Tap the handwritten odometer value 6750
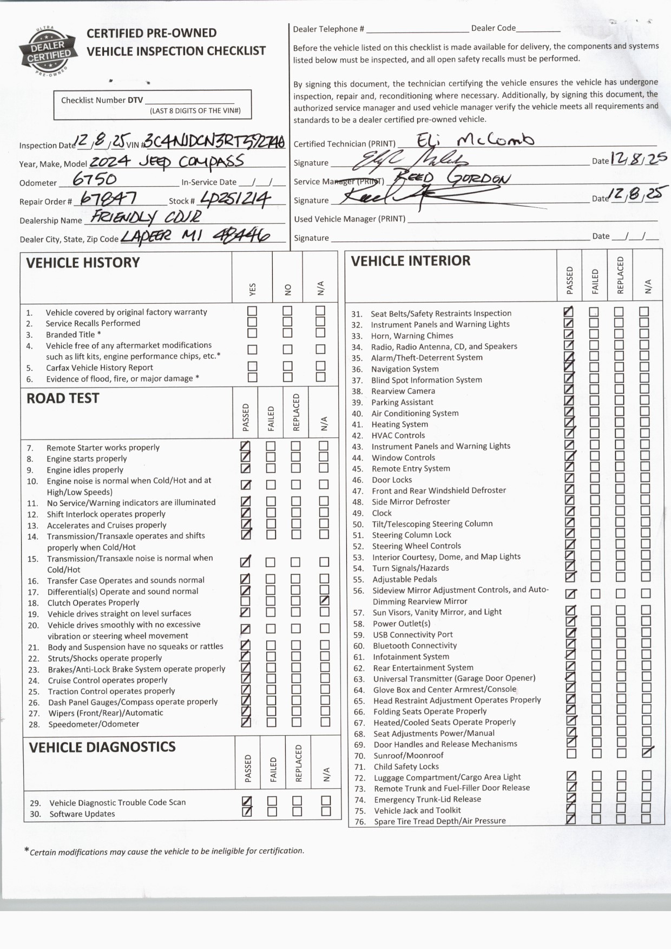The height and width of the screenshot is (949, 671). point(95,179)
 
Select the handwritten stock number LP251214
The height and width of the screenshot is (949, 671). point(235,199)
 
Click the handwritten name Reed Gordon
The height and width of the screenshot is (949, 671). point(451,178)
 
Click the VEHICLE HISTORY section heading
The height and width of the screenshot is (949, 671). point(83,263)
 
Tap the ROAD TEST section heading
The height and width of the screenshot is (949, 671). point(63,398)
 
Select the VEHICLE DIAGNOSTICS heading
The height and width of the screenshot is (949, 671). point(102,748)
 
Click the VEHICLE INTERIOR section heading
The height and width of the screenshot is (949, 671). point(411,261)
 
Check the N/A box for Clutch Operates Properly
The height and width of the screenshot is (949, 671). point(324,600)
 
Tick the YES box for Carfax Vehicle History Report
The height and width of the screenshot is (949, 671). point(252,366)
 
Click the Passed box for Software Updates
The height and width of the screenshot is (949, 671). point(247,811)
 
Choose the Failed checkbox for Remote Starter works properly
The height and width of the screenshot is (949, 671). point(271,446)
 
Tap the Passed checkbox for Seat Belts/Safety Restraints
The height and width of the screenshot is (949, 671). point(568,311)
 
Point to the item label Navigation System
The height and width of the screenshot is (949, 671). point(405,369)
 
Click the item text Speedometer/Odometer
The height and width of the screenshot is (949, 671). point(94,724)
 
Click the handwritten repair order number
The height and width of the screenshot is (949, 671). point(108,199)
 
